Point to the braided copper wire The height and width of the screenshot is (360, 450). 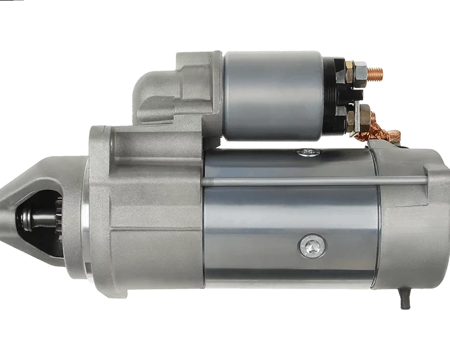371,127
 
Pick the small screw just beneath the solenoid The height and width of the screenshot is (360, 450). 307,152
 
